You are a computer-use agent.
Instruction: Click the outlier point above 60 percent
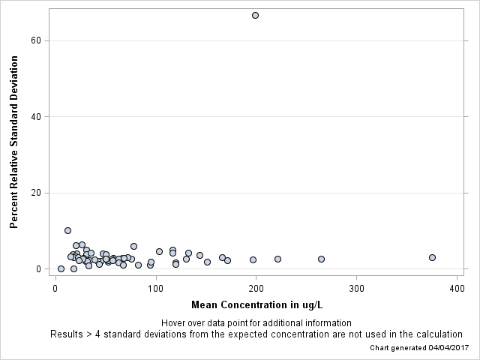pyautogui.click(x=255, y=15)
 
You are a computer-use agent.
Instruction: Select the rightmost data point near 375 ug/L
pyautogui.click(x=432, y=257)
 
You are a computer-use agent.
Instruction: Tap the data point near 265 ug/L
pyautogui.click(x=321, y=259)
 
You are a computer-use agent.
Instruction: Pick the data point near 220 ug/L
pyautogui.click(x=277, y=259)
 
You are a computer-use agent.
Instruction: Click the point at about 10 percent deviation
pyautogui.click(x=67, y=230)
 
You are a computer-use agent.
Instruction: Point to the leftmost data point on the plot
pyautogui.click(x=61, y=268)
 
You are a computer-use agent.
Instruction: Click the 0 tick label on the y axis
pyautogui.click(x=39, y=269)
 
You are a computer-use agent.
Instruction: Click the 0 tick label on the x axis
pyautogui.click(x=55, y=288)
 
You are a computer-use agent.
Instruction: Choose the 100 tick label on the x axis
pyautogui.click(x=156, y=288)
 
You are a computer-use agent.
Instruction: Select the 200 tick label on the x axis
pyautogui.click(x=256, y=288)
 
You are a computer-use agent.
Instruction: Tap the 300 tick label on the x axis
pyautogui.click(x=357, y=288)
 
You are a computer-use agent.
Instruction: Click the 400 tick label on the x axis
pyautogui.click(x=457, y=288)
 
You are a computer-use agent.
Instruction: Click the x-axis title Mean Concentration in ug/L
pyautogui.click(x=256, y=304)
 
